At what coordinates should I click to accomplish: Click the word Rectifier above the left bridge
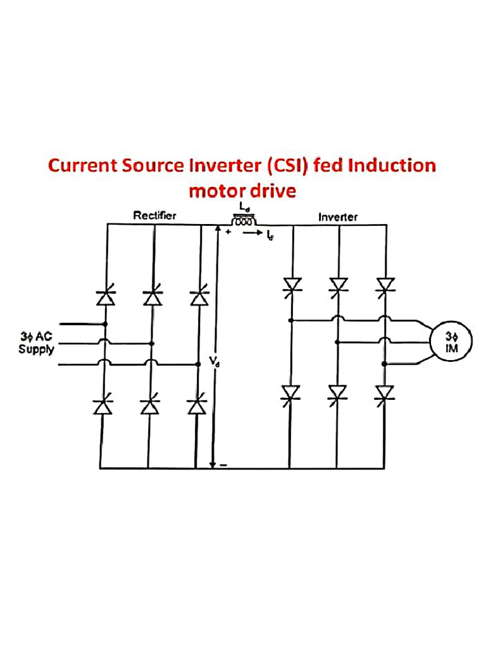(x=154, y=216)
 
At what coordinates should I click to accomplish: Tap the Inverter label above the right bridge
(x=337, y=217)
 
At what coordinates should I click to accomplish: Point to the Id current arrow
(x=256, y=234)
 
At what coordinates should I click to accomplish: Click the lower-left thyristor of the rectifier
(x=103, y=406)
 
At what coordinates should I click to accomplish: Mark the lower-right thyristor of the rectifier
(x=197, y=406)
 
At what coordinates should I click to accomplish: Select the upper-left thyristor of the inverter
(x=292, y=285)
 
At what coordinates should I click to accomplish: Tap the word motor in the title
(x=217, y=190)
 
